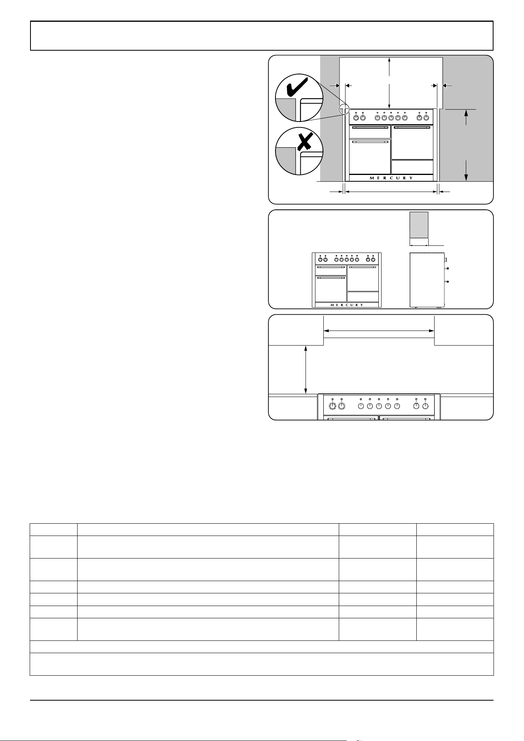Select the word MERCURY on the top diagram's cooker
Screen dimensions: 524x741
391,178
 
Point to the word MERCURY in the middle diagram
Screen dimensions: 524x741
347,305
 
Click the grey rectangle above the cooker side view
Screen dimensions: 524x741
419,224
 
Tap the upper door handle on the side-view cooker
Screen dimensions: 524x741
447,269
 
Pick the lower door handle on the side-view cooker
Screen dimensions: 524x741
447,281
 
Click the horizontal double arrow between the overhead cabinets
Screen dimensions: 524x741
379,331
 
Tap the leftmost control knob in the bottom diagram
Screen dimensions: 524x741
332,406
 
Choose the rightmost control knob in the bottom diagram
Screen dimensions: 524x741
425,406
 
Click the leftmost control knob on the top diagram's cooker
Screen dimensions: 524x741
356,118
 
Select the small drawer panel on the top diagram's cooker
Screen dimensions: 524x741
412,167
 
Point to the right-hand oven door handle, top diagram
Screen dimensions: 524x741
412,128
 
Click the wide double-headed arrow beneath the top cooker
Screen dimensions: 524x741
391,192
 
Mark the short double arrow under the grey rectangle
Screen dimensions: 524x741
419,245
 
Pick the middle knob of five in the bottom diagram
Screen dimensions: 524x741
379,406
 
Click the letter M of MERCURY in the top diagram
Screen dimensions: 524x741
372,178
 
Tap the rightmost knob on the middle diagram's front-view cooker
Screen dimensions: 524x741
373,260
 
